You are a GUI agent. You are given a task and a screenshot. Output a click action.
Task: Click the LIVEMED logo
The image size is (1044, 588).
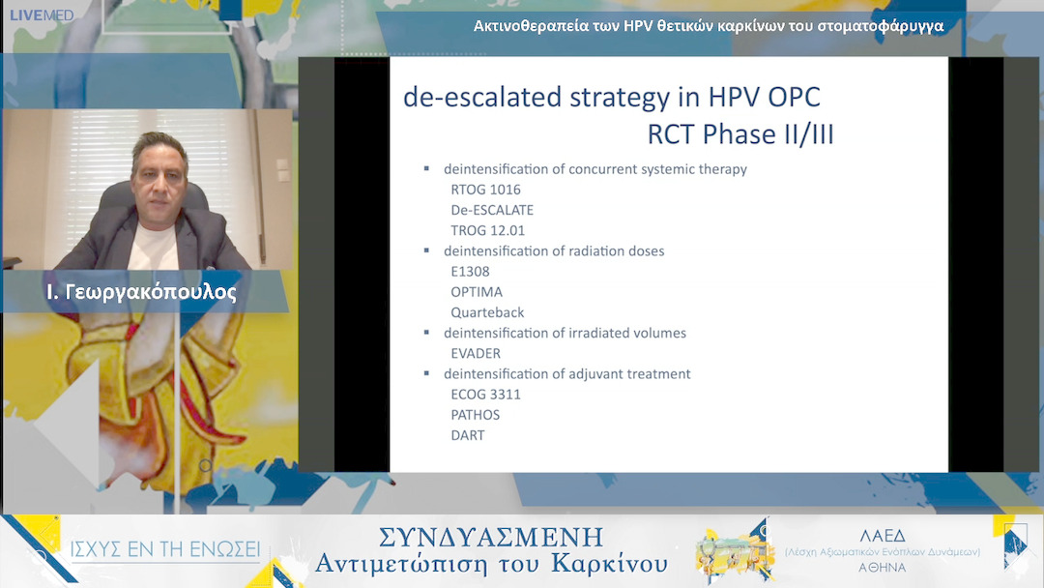[42, 15]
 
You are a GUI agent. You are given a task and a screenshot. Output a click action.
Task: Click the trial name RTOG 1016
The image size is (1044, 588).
[485, 190]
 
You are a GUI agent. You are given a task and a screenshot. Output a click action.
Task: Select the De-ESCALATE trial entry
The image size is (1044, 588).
[492, 211]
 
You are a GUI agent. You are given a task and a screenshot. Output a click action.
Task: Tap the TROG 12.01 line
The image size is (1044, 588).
[487, 230]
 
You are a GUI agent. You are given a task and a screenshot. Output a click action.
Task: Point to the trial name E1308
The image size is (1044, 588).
[470, 272]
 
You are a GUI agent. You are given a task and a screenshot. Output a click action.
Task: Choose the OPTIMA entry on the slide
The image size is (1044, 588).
[477, 292]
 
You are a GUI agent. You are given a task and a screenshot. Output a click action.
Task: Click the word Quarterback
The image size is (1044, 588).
[487, 312]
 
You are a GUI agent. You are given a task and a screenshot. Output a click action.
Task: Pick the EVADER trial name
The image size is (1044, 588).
[476, 354]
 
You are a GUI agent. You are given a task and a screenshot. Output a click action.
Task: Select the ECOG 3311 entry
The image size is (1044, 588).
[485, 395]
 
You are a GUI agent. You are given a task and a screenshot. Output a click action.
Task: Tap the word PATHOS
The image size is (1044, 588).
[476, 415]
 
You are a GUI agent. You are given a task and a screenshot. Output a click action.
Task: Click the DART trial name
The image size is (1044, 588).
[468, 435]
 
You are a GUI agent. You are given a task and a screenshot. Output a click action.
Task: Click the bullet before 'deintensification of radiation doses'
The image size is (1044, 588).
[427, 250]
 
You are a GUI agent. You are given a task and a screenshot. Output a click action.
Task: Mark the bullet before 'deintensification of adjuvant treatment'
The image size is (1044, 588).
[427, 373]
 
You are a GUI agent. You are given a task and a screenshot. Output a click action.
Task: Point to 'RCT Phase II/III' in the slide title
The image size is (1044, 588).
[740, 134]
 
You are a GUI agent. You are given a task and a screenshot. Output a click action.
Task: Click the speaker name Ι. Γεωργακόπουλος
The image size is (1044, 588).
[141, 292]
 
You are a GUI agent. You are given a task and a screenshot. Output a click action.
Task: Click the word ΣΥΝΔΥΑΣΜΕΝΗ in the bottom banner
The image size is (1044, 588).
[491, 537]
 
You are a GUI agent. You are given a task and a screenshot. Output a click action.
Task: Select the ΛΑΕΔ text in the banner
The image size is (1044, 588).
[883, 536]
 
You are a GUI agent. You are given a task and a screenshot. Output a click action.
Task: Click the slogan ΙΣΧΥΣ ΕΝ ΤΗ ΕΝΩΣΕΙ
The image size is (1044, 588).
[165, 549]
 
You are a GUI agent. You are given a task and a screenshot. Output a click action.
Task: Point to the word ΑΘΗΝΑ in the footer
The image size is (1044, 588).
[883, 568]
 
